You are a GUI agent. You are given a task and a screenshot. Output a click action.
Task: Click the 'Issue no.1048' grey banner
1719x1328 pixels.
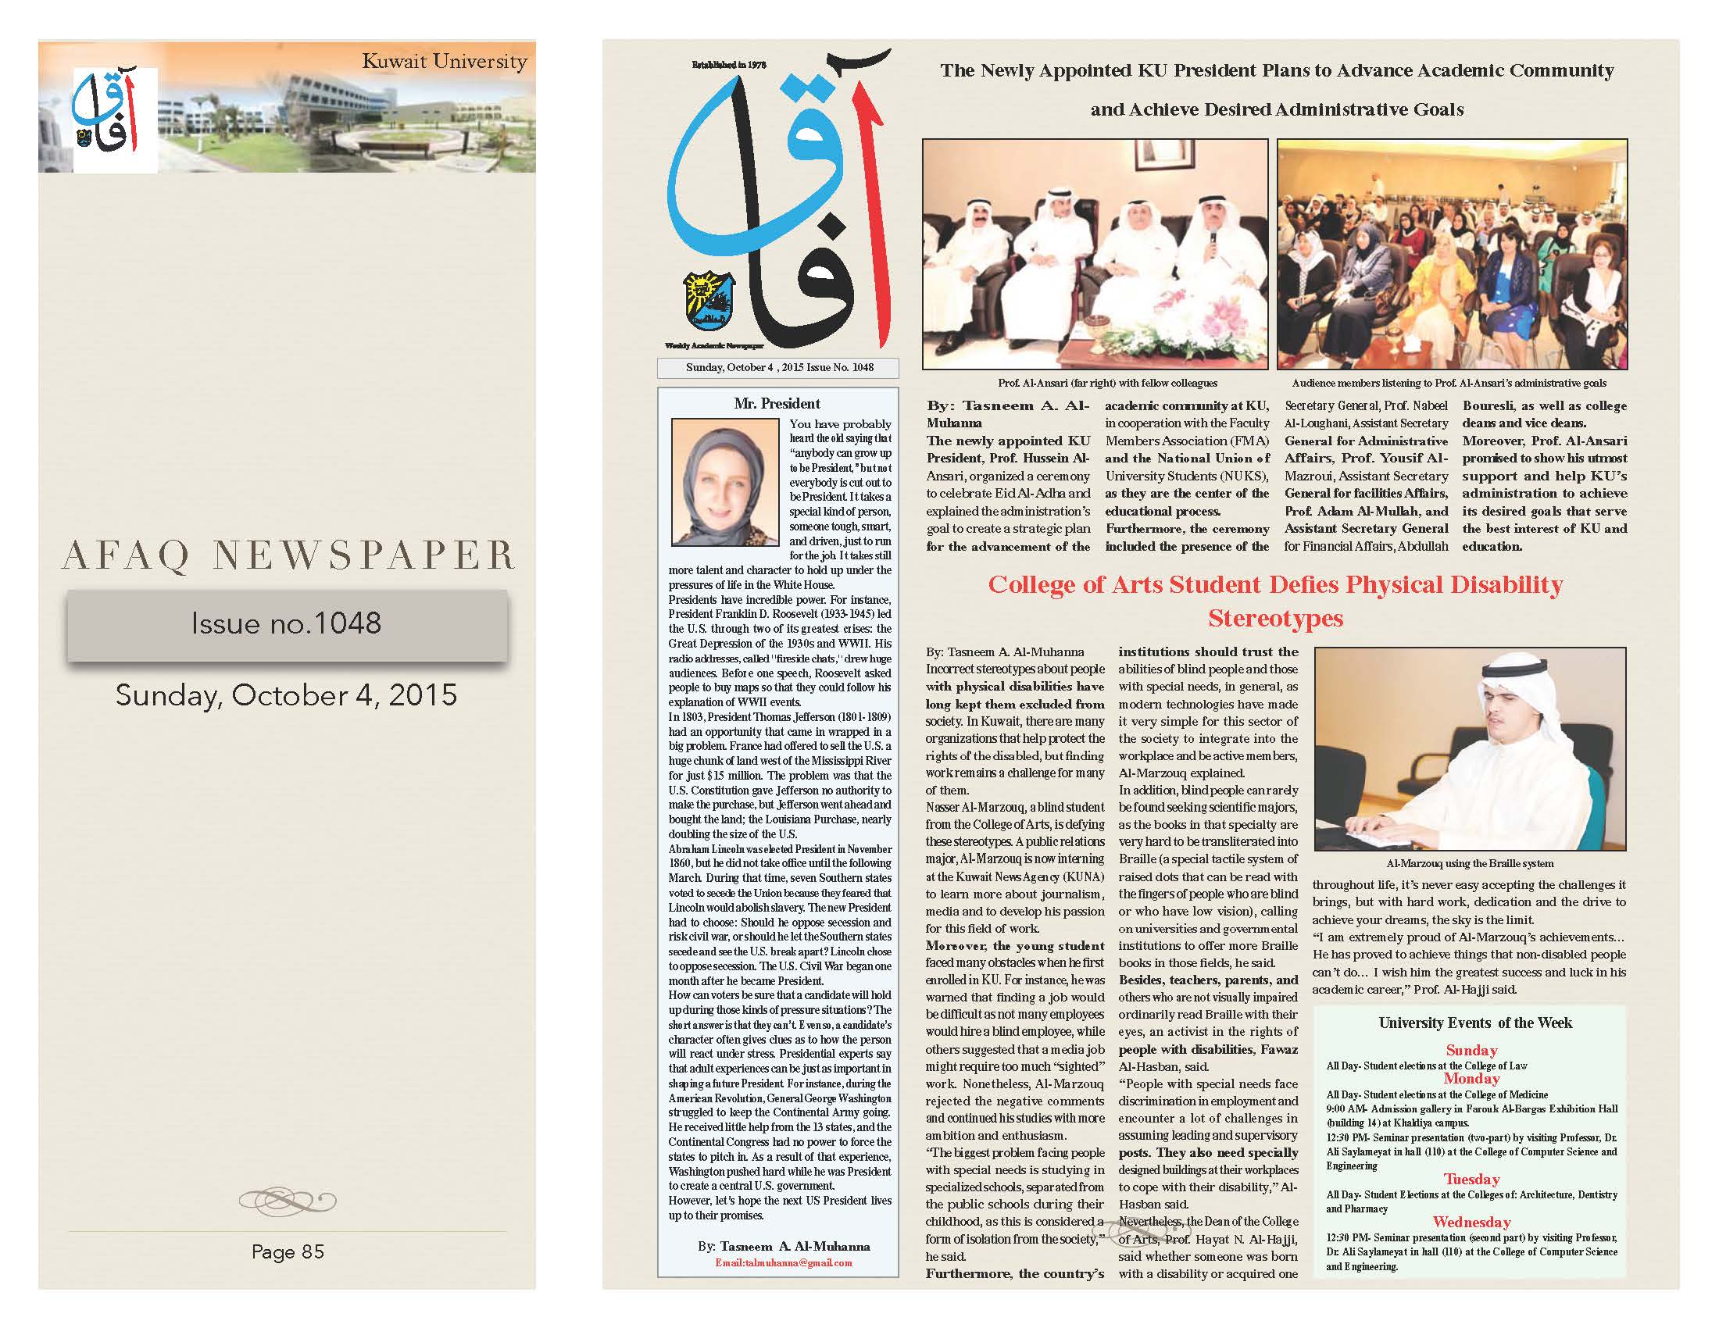287,624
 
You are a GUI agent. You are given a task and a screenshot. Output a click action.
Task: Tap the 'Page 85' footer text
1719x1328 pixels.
288,1251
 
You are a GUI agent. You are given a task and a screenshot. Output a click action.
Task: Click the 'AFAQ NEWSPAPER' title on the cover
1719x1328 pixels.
288,556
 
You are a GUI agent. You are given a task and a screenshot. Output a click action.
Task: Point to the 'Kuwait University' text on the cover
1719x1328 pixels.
444,62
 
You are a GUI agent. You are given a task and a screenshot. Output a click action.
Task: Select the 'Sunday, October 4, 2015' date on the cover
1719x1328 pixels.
287,695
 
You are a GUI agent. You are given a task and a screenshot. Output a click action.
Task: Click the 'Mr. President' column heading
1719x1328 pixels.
777,404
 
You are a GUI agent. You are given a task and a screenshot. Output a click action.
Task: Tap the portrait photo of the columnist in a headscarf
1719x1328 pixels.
714,481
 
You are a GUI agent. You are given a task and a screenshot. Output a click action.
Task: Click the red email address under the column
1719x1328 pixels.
783,1262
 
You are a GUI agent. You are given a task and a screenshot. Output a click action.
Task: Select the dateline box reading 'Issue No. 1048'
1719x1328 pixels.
779,367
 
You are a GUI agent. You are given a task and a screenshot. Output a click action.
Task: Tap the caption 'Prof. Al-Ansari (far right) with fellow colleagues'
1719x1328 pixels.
1107,383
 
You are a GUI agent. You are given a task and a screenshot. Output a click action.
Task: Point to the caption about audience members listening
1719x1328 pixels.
1449,383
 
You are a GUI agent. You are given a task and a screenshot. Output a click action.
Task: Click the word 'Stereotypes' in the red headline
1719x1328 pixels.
1275,619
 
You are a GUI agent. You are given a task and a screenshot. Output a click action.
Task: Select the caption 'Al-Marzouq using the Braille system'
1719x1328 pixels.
1470,863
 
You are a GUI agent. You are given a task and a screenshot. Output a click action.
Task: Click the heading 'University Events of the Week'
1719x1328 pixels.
1475,1023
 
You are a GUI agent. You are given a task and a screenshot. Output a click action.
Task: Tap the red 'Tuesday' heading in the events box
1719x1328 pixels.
1471,1179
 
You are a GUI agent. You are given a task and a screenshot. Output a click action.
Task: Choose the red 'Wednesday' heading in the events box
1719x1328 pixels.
1471,1222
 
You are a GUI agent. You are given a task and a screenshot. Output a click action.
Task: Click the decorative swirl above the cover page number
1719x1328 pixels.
288,1201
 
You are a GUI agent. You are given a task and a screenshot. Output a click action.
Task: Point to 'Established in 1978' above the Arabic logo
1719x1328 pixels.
729,66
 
